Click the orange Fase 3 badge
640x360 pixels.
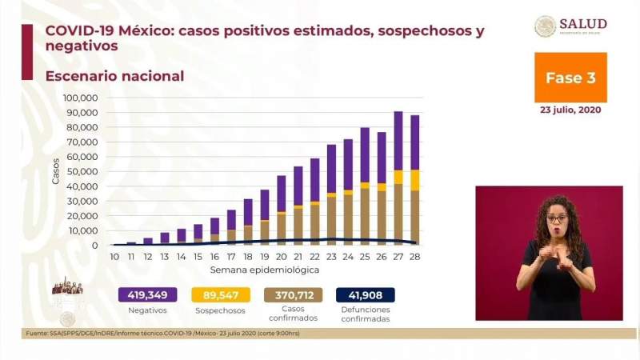pos(570,78)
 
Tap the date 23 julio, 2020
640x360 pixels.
pos(570,110)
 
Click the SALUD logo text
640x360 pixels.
pos(582,24)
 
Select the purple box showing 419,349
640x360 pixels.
pos(147,294)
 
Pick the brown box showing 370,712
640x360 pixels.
pos(294,294)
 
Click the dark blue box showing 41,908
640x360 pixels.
pos(365,294)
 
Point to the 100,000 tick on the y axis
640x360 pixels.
pos(79,98)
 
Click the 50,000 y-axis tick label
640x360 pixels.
pos(82,171)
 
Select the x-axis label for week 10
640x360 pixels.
pos(114,256)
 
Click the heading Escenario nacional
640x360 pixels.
pos(114,76)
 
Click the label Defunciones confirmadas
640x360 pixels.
pos(365,314)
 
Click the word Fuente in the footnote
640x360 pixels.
pos(34,334)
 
